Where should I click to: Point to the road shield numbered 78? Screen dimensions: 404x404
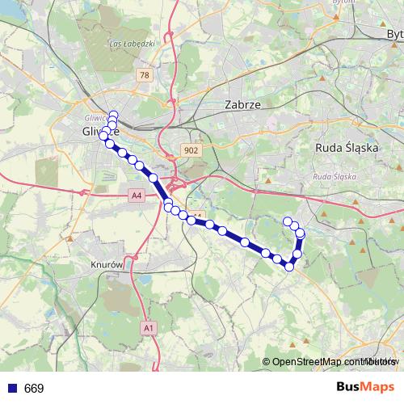click(x=145, y=75)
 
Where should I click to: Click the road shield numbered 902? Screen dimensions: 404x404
click(x=191, y=150)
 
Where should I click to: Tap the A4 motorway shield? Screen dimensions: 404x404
click(x=136, y=195)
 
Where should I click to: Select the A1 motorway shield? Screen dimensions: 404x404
click(x=148, y=328)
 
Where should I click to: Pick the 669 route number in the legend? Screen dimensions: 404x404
click(x=35, y=388)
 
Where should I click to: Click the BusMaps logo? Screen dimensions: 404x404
click(x=365, y=387)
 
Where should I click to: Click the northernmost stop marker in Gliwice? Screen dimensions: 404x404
click(x=113, y=114)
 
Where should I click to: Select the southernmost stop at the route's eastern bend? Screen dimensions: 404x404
click(x=288, y=266)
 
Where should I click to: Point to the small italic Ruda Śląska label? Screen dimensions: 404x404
click(x=334, y=176)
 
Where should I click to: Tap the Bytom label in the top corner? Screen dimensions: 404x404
click(x=395, y=34)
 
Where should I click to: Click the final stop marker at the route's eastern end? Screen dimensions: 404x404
click(x=287, y=221)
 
